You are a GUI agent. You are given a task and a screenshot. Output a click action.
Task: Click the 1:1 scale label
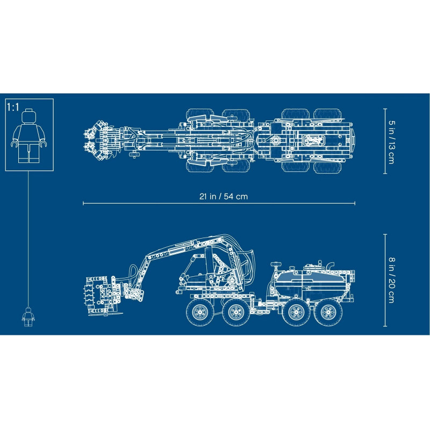[13, 107]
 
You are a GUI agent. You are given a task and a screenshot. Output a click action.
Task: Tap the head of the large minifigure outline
[29, 116]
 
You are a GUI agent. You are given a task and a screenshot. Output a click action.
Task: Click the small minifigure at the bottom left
[28, 317]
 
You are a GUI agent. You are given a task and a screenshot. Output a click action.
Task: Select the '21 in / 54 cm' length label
[224, 196]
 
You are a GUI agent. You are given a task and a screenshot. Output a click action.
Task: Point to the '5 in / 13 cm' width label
[392, 142]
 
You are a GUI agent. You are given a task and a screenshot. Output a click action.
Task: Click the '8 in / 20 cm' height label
[392, 279]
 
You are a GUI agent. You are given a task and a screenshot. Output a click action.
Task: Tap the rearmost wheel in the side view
[328, 312]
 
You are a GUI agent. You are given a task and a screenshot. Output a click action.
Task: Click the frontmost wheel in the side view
[200, 312]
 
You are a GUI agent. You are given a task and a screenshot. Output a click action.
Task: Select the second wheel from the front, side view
[236, 312]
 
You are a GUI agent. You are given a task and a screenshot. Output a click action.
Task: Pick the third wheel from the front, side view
[296, 312]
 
